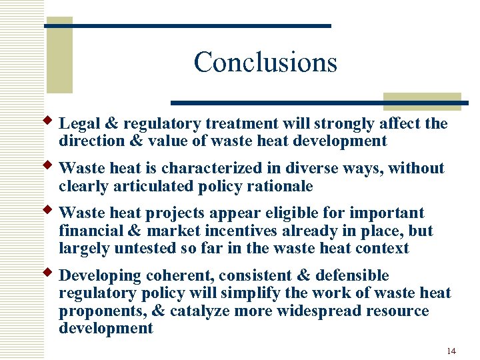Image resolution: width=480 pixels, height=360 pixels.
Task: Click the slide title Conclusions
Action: click(265, 63)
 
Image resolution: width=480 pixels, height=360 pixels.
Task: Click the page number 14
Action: click(451, 351)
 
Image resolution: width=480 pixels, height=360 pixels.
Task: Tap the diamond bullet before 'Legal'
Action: click(48, 121)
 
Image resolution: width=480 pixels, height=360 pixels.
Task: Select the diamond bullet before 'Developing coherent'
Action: click(48, 273)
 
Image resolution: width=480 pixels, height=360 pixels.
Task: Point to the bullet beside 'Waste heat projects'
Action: click(48, 210)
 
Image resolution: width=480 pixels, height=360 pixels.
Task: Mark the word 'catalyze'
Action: click(203, 311)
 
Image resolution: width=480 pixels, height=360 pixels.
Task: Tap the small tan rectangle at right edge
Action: click(423, 101)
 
